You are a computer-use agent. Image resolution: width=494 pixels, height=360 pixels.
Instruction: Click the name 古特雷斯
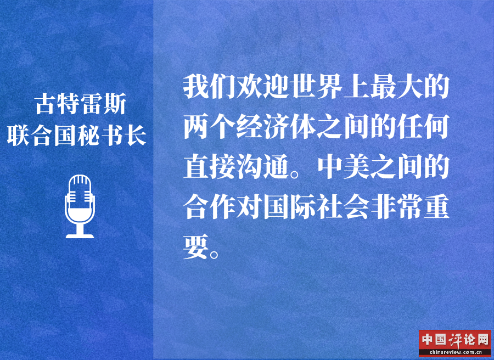(x=81, y=104)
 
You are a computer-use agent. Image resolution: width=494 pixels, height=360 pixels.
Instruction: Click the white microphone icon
(x=80, y=206)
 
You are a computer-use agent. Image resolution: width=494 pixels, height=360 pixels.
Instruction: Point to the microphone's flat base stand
(x=80, y=235)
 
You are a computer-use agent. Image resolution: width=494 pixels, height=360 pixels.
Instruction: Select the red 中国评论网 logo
(x=455, y=344)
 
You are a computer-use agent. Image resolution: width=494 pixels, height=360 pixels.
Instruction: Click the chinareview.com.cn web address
(x=455, y=352)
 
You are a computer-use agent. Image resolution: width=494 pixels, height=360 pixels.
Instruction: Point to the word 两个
(x=210, y=127)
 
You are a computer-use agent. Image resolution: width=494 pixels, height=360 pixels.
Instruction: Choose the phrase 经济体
(x=276, y=127)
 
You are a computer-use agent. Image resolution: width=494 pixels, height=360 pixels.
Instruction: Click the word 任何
(x=423, y=127)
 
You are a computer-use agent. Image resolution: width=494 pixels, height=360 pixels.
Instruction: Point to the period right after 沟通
(x=295, y=174)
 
